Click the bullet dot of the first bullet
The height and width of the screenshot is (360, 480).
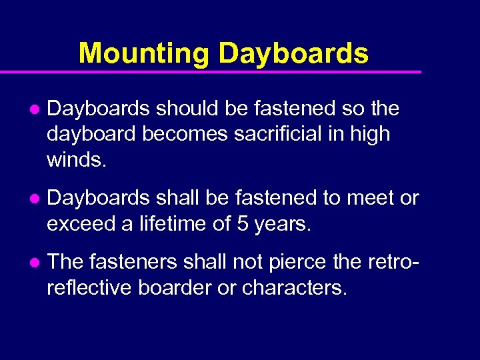click(x=34, y=109)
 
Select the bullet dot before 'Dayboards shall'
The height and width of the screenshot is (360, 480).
click(x=34, y=199)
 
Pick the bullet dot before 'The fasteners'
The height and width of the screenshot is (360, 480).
click(x=34, y=263)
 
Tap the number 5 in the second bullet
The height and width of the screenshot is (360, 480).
click(x=243, y=224)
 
